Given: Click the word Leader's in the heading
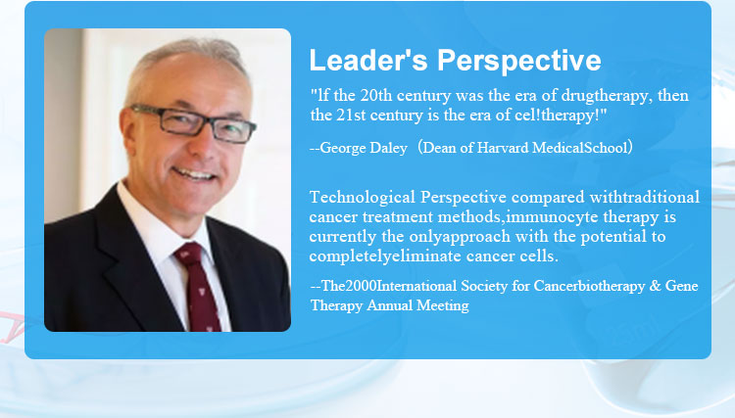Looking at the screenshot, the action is [x=367, y=61].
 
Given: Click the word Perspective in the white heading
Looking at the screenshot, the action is [x=518, y=62].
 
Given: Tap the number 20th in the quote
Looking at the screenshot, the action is [x=376, y=96].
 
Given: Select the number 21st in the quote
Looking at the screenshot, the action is [x=351, y=116].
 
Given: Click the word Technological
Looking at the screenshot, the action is [x=363, y=198].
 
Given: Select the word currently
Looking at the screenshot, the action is [x=342, y=237].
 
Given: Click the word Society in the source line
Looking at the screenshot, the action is [x=484, y=286].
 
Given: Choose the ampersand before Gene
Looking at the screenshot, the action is [x=655, y=286].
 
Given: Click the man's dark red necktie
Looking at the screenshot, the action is [x=199, y=287].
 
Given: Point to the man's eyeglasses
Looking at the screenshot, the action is [x=194, y=123].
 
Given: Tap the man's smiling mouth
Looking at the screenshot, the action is [x=194, y=174].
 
